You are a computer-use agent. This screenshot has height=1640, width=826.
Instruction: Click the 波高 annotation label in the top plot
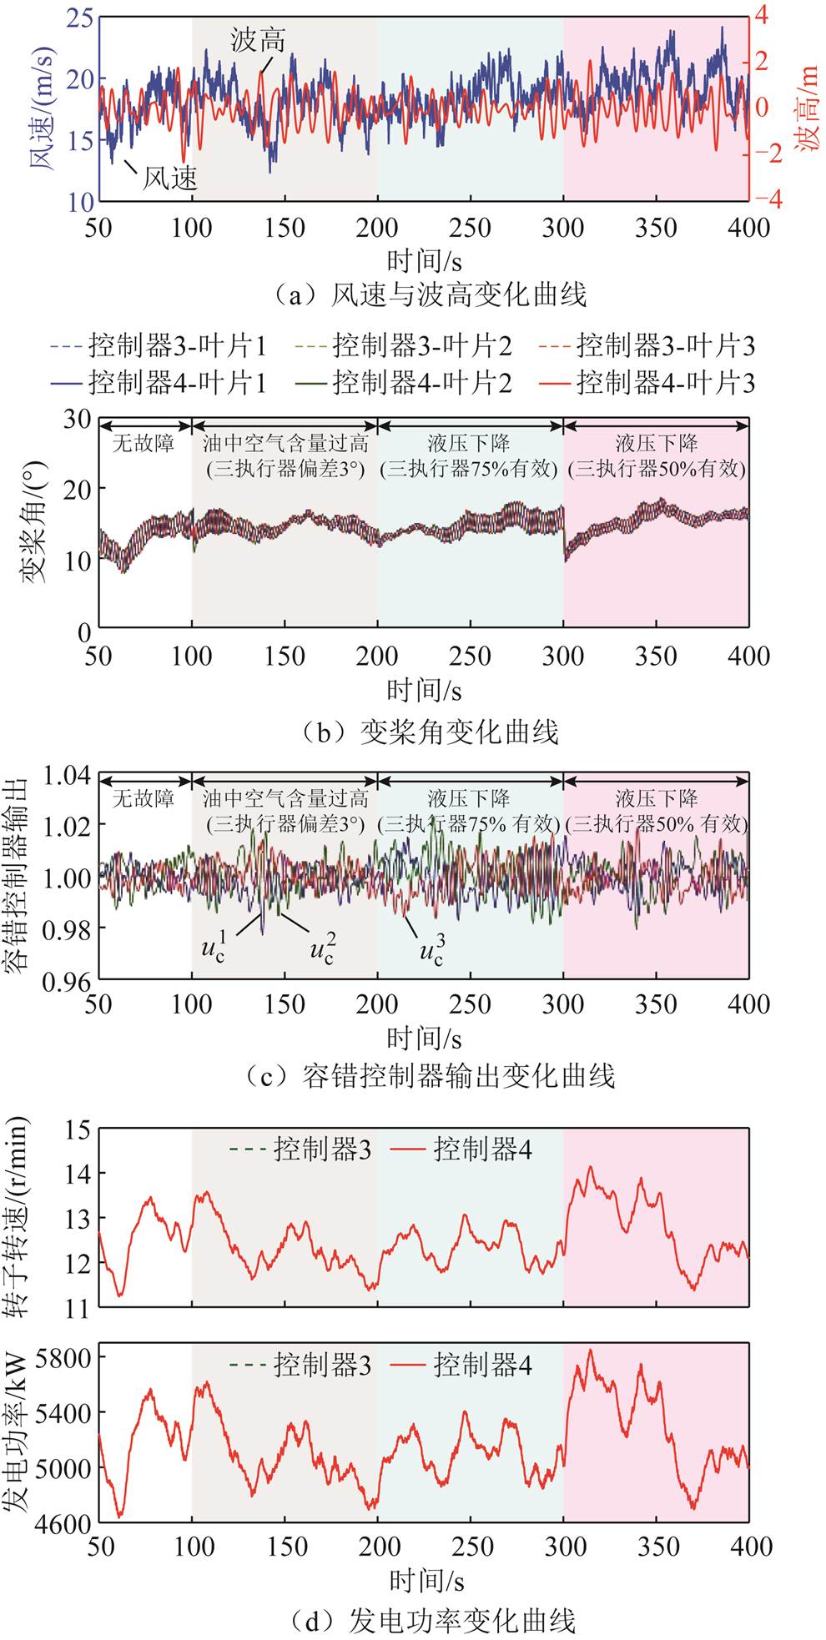258,40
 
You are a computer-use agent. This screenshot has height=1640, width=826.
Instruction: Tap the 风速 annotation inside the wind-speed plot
169,176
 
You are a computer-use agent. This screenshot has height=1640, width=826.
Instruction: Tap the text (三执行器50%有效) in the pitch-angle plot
657,468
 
